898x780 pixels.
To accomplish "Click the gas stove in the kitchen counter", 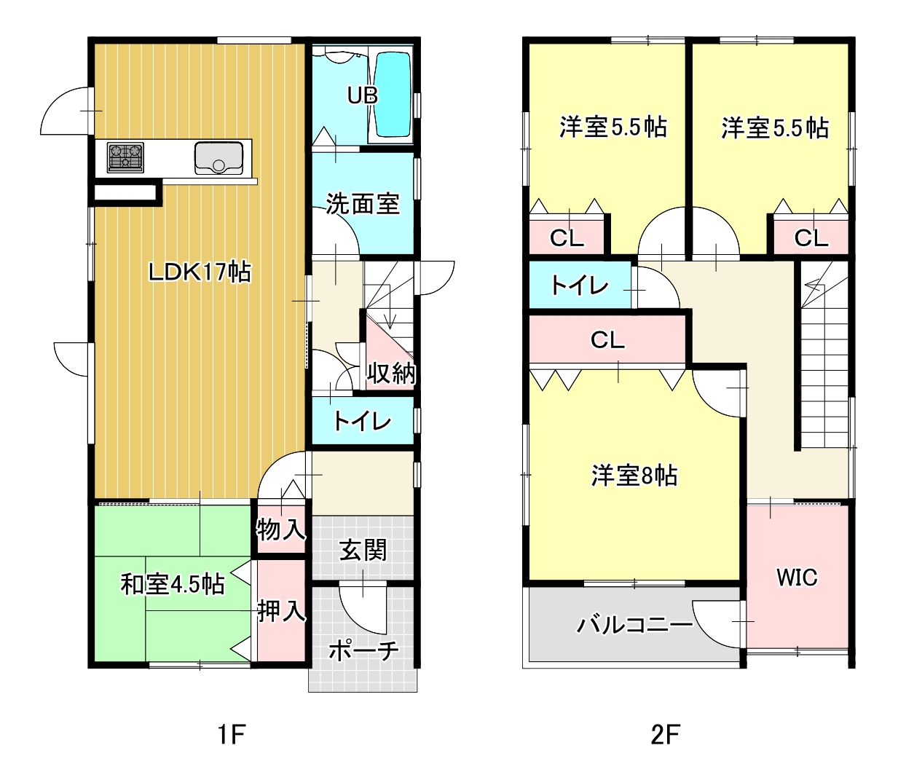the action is (x=125, y=157).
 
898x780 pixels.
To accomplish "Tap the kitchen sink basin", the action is (x=218, y=157).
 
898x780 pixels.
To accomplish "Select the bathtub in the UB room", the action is (x=393, y=95).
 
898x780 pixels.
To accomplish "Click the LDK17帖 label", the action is (x=200, y=272).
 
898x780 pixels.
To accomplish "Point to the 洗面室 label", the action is (x=363, y=204).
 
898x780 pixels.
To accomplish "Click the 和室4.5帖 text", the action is (x=173, y=584).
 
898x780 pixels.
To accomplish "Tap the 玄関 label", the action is (x=363, y=550).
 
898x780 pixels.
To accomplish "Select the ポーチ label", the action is (x=363, y=650).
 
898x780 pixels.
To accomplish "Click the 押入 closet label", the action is (x=281, y=610).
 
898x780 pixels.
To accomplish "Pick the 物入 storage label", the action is (x=281, y=529).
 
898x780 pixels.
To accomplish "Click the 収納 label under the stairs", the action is (x=390, y=373).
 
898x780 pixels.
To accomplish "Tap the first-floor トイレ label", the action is (x=363, y=422).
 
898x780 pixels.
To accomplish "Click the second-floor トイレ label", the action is (x=579, y=285).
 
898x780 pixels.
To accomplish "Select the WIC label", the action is (x=797, y=578).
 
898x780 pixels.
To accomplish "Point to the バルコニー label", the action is (x=634, y=625).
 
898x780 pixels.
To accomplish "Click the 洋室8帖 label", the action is (x=634, y=475).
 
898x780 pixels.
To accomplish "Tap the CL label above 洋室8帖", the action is (x=607, y=339).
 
